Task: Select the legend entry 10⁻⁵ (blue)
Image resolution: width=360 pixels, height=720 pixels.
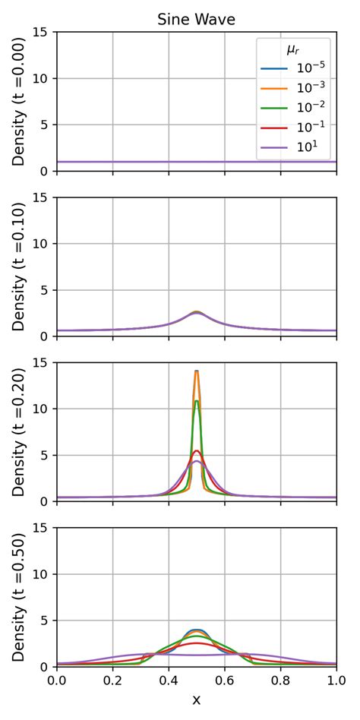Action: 304,70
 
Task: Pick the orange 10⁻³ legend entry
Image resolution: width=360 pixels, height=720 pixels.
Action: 304,90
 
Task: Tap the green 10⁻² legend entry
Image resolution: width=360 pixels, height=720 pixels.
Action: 304,109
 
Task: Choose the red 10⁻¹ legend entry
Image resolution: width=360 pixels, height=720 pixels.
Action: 304,129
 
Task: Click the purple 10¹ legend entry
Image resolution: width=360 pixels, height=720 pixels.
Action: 304,149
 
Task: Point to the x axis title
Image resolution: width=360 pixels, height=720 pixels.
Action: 196,699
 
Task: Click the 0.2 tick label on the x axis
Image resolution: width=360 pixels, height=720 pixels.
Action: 112,681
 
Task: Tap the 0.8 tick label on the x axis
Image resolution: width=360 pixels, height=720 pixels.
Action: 280,681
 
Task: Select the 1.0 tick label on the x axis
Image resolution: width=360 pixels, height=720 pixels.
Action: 335,681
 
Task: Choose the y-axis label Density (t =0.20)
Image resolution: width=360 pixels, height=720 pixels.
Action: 18,431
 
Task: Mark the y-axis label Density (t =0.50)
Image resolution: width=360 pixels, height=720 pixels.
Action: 18,597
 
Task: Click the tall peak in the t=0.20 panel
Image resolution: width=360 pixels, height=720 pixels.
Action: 197,371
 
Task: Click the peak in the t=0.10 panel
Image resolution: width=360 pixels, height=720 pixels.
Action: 197,312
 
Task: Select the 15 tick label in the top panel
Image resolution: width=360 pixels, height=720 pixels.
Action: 43,32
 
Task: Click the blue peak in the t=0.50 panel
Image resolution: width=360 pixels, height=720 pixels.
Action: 197,630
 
